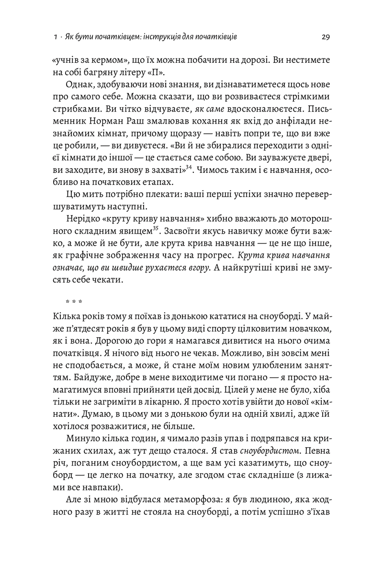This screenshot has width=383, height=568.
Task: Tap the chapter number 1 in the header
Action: (x=56, y=36)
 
